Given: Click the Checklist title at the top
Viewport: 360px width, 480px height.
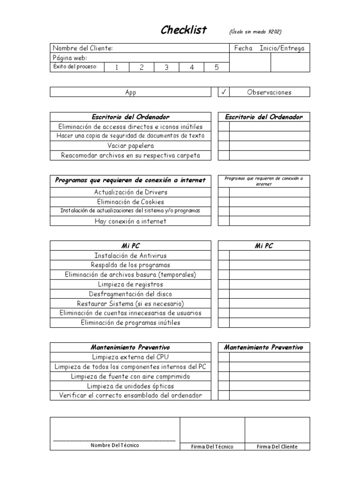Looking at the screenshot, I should tap(183, 30).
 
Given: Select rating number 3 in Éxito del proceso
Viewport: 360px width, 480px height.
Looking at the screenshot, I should tap(166, 67).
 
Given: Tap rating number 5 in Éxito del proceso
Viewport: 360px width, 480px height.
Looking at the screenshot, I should tap(217, 67).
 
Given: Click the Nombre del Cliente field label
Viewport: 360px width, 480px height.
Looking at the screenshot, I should tap(82, 48).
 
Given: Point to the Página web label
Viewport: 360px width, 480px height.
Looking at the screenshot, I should tap(70, 58).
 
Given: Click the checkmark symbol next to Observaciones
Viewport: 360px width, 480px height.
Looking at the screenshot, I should tap(224, 92).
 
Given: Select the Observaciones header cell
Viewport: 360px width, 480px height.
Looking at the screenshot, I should tap(269, 92).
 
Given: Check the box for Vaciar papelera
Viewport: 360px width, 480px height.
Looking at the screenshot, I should tap(224, 146).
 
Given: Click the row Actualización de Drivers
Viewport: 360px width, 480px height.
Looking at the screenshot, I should tap(130, 192).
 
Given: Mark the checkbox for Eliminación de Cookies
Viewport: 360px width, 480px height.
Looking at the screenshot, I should tap(224, 202).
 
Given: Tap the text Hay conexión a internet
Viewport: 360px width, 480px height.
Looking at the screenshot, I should tap(130, 221).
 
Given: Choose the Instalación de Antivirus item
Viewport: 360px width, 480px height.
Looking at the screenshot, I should tap(130, 255).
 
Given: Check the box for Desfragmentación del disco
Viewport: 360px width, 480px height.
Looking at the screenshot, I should tap(224, 294).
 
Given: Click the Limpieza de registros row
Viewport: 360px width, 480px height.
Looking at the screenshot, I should tap(130, 284).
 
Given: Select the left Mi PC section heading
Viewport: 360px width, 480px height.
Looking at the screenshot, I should tap(130, 246).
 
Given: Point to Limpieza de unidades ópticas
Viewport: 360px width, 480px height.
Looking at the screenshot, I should tap(130, 386).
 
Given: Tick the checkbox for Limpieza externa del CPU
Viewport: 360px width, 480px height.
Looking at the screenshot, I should tap(224, 357).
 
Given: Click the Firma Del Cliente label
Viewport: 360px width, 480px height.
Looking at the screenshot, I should tap(277, 447).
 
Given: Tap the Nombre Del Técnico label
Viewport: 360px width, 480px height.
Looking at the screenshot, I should tap(115, 445).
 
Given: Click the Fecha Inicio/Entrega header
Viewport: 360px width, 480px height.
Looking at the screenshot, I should tap(269, 48).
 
